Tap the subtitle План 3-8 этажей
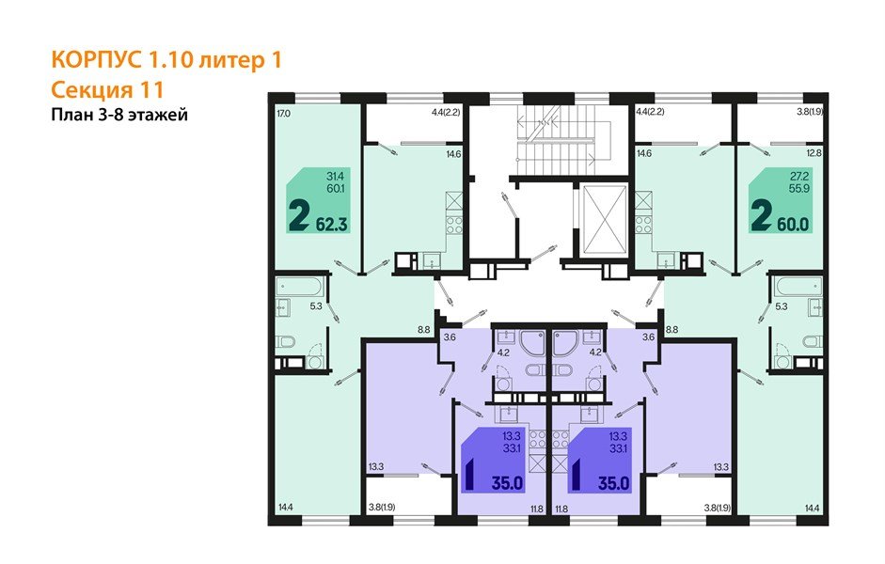point(119,116)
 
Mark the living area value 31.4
point(333,176)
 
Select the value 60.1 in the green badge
point(333,188)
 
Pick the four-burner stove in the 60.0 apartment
point(644,224)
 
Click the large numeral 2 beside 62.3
point(299,218)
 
